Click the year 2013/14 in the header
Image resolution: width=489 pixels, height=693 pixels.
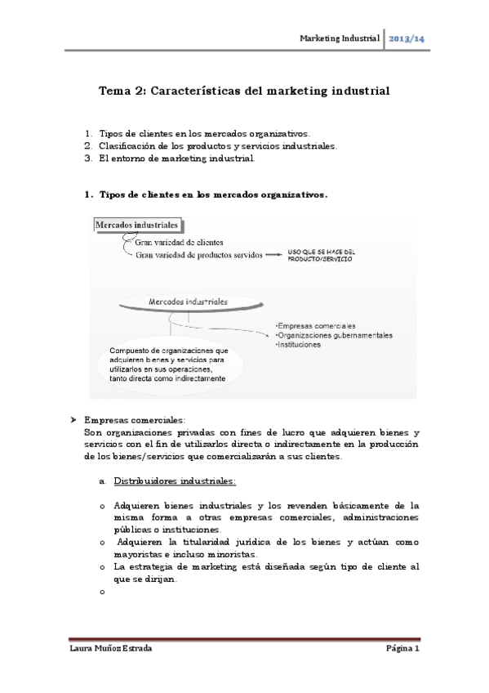tap(406, 39)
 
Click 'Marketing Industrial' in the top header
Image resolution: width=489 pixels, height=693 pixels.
tap(340, 39)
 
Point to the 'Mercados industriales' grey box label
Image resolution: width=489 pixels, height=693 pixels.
tap(137, 224)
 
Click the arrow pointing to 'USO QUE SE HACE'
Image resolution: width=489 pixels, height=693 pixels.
tap(274, 255)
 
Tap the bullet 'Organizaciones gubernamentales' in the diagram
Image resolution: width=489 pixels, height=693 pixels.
tap(334, 335)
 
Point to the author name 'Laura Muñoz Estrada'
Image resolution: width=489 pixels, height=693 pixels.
tap(110, 648)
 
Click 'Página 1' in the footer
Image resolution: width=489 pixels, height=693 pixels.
tap(402, 648)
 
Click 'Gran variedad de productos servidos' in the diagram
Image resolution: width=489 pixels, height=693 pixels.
tap(199, 255)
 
